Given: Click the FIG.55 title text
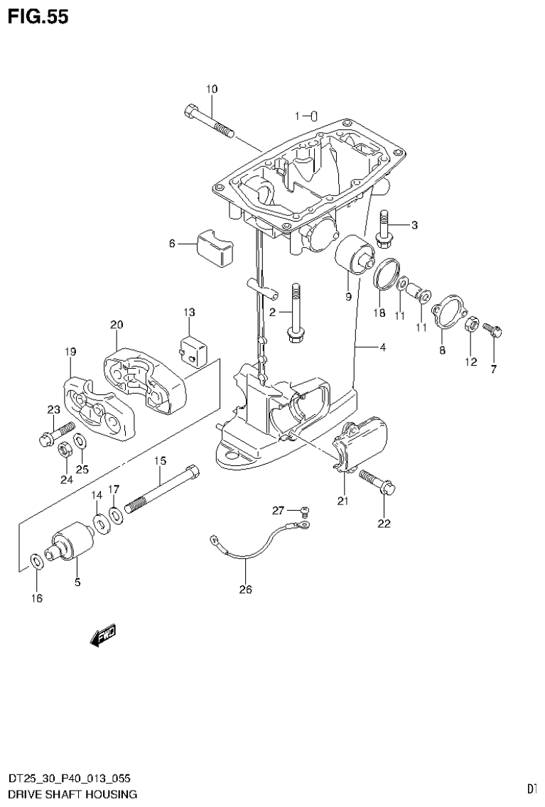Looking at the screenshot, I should pos(38,17).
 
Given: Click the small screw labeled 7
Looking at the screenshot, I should pos(492,328).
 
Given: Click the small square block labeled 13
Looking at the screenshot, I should pos(192,347).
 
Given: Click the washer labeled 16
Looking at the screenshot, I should pos(36,562).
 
